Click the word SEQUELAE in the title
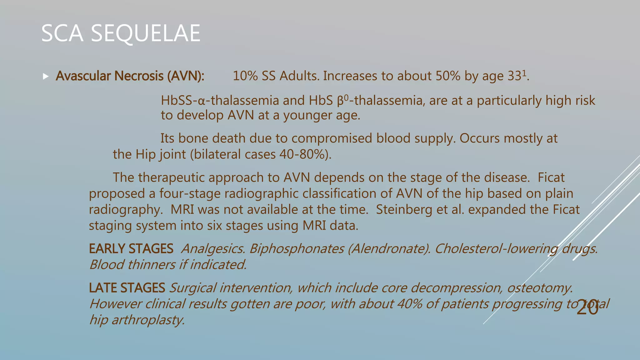pos(145,33)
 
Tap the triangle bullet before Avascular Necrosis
pos(46,76)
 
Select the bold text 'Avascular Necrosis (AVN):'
pos(130,76)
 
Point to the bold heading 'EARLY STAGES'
pos(131,249)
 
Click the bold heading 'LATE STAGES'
pos(127,288)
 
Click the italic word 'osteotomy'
pos(540,288)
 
